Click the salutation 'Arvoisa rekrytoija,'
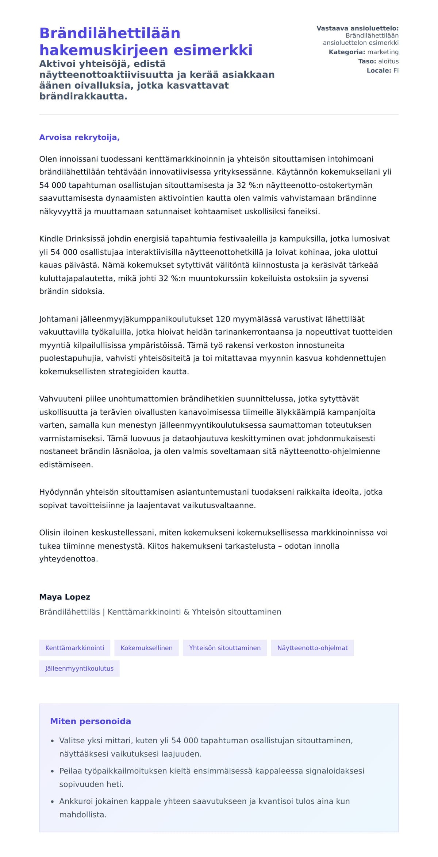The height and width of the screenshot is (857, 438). point(79,137)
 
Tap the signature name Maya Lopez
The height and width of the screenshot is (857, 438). point(65,597)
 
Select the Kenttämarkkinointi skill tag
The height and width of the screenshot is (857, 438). point(74,648)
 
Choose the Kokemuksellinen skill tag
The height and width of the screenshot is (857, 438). point(146,648)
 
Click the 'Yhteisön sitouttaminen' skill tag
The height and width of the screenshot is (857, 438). point(224,648)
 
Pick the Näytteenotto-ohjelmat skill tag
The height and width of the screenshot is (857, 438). point(312,648)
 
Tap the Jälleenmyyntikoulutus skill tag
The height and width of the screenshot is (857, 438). point(79,668)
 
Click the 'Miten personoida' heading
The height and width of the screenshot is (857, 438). point(91,721)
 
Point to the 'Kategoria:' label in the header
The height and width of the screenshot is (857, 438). point(347,52)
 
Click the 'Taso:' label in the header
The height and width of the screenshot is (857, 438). point(367,61)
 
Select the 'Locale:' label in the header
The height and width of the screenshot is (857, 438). point(379,71)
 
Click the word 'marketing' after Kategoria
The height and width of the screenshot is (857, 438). point(383,52)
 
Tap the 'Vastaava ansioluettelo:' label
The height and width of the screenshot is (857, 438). point(357,28)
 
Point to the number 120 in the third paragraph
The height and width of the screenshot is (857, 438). point(223,319)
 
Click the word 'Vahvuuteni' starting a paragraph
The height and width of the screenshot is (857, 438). point(61,399)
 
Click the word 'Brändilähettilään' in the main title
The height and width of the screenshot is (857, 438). point(110,33)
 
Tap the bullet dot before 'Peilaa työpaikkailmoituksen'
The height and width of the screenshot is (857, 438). point(53,771)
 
